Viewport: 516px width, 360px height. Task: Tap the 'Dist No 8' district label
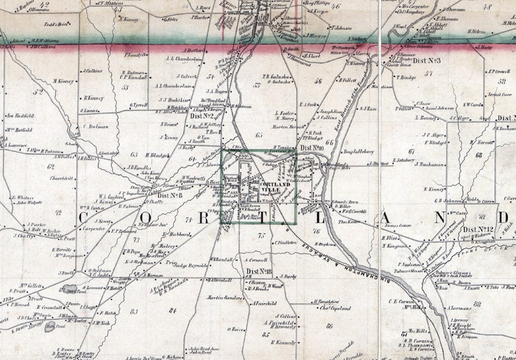pyautogui.click(x=170, y=194)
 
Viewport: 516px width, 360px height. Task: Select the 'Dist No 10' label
pyautogui.click(x=312, y=148)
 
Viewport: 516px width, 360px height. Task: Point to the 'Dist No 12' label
pyautogui.click(x=478, y=229)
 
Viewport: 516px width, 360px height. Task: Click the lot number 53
pyautogui.click(x=125, y=87)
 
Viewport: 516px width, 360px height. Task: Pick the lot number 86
pyautogui.click(x=329, y=326)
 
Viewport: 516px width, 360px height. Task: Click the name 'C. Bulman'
pyautogui.click(x=98, y=127)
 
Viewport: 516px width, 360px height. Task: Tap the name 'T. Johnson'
pyautogui.click(x=340, y=28)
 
